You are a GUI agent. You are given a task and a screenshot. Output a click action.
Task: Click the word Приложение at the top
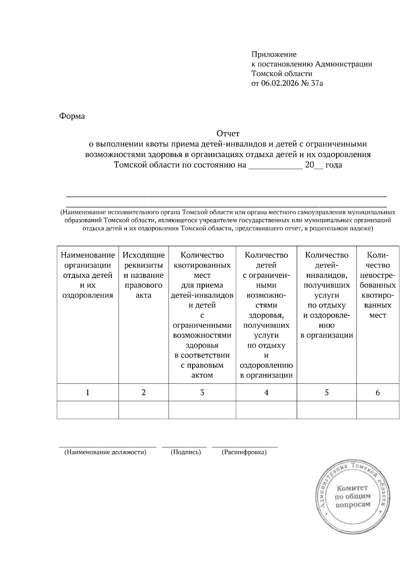[274, 55]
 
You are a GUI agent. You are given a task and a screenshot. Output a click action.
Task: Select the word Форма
[72, 116]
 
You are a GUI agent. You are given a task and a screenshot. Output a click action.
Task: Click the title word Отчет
[228, 133]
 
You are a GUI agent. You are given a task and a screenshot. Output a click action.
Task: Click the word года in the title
[333, 165]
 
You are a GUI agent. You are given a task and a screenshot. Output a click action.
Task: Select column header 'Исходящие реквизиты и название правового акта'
[144, 275]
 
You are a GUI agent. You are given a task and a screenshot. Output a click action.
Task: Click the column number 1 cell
[88, 392]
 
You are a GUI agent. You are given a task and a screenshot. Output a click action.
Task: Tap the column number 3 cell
[202, 392]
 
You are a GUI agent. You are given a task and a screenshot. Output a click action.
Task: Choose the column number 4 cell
[266, 392]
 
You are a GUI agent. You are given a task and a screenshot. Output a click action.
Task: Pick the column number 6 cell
[377, 392]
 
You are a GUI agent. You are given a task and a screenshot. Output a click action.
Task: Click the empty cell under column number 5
[326, 410]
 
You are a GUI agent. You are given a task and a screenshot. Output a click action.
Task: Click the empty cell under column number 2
[144, 410]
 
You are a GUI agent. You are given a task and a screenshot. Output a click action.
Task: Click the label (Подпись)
[186, 452]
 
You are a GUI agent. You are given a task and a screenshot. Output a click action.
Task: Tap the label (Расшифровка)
[244, 452]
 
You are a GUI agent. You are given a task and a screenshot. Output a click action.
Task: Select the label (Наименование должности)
[106, 452]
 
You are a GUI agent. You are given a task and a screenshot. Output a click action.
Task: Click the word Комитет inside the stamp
[352, 488]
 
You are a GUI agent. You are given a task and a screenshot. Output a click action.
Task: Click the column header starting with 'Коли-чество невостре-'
[377, 285]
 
